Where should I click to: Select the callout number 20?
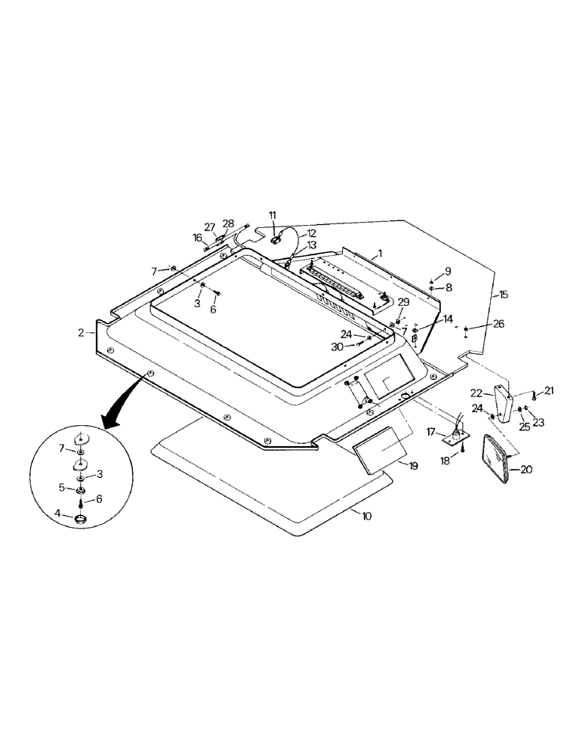pos(525,469)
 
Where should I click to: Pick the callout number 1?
pos(381,253)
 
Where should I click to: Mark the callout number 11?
pos(273,216)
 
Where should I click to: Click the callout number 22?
pos(476,393)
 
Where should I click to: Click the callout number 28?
pos(228,223)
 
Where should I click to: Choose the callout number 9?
pos(447,271)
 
